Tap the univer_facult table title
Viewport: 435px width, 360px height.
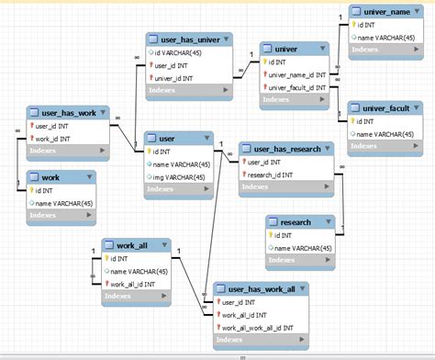tap(385, 107)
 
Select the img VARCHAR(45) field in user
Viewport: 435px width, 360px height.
tap(180, 177)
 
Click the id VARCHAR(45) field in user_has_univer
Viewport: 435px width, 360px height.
tap(187, 53)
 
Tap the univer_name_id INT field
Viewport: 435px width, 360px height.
tap(299, 73)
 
